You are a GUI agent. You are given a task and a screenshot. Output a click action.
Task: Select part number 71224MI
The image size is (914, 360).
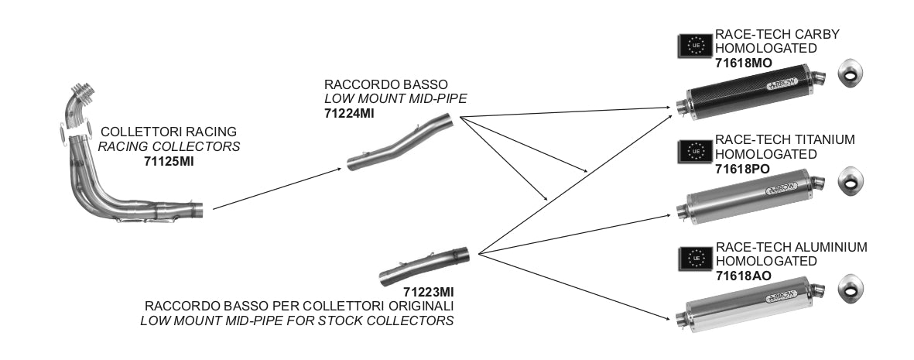tap(350, 113)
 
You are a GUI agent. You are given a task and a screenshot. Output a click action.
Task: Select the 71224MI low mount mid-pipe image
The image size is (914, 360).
tap(399, 142)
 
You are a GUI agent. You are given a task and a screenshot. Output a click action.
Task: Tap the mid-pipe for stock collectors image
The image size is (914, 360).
tap(425, 266)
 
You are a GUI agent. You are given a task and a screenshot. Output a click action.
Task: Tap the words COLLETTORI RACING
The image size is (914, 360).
tap(169, 132)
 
